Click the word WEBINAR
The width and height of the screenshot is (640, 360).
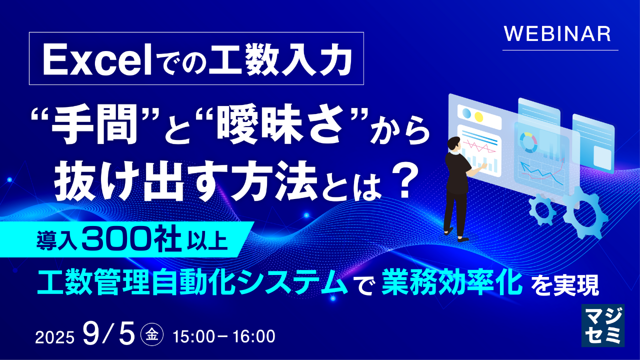[557, 34]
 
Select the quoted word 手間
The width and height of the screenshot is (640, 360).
[94, 127]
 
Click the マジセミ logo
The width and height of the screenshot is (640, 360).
[603, 325]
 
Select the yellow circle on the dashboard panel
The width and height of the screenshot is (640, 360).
[478, 116]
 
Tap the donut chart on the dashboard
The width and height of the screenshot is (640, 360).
[528, 142]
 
